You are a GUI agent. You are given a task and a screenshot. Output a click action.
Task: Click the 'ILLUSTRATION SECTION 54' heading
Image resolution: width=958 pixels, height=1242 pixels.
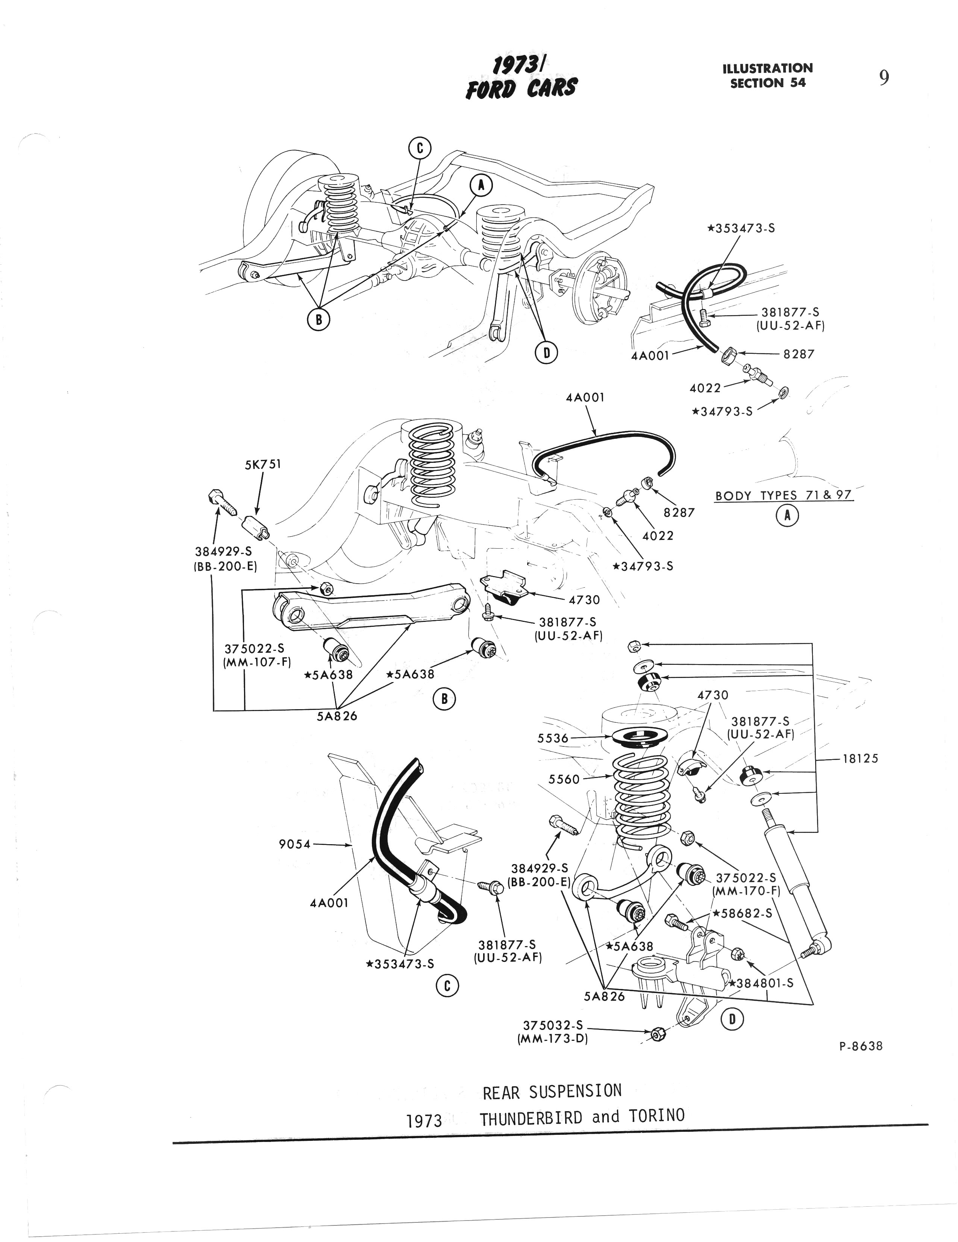(767, 76)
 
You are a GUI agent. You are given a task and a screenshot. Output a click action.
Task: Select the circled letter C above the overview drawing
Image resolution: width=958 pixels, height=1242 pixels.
(420, 149)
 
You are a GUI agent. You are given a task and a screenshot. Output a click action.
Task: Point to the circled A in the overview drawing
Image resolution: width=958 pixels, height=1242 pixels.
(481, 185)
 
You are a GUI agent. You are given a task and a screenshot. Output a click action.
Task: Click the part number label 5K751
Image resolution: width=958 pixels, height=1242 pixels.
(263, 465)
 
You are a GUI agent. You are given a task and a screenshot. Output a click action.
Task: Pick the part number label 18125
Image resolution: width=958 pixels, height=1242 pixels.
(860, 758)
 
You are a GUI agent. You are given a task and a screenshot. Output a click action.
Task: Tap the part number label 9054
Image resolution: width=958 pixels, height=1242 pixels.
(295, 845)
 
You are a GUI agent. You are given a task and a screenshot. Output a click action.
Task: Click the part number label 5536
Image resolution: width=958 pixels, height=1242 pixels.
(553, 738)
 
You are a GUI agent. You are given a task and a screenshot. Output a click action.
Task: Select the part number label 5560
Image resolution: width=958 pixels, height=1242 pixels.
(564, 779)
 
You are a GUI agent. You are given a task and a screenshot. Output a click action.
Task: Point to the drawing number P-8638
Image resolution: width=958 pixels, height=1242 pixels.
(861, 1046)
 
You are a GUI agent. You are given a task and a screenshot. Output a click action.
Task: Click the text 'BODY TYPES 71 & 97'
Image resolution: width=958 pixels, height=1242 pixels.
(784, 495)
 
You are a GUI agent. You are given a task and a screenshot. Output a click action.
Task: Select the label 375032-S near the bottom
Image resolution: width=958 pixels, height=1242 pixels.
(553, 1025)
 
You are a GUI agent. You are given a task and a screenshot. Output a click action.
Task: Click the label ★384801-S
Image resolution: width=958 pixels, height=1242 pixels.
(761, 983)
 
